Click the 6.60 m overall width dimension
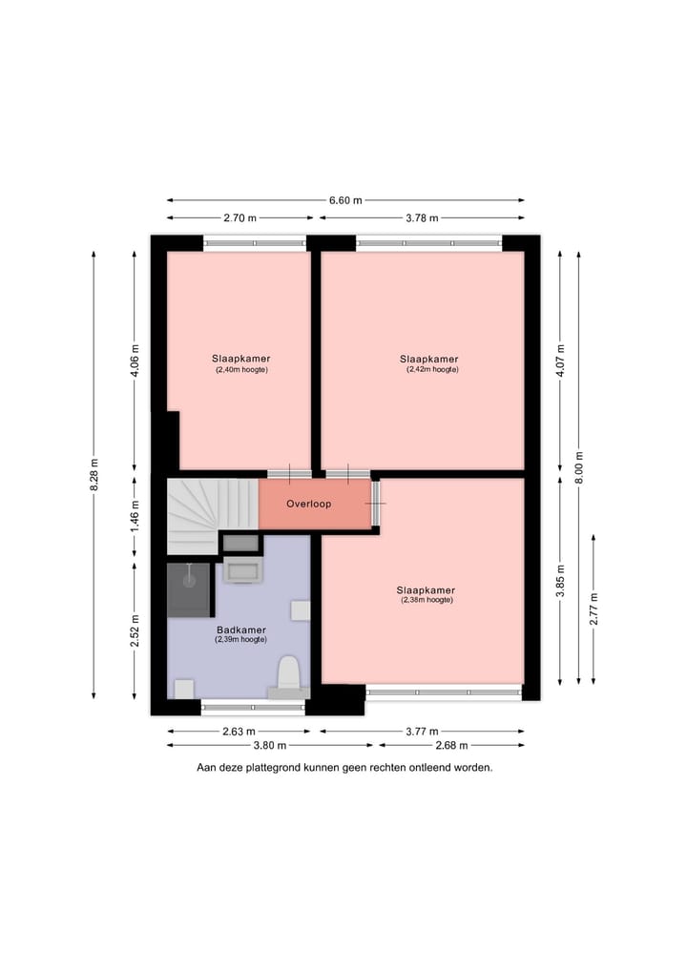345,200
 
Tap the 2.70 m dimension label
239,217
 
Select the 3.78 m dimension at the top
421,217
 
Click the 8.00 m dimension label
577,468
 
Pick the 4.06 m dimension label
135,361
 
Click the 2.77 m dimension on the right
593,609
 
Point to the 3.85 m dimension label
560,581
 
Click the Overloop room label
309,504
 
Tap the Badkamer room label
240,630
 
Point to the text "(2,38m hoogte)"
427,600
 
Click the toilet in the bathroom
288,674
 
